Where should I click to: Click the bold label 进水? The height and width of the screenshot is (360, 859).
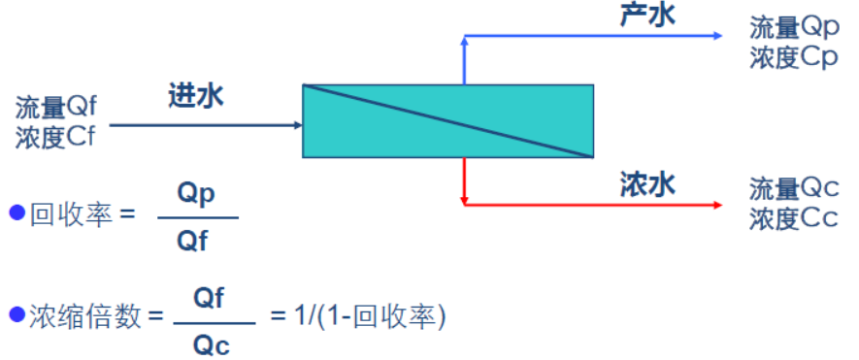[x=195, y=97]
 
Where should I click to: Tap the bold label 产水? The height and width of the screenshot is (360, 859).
[x=647, y=15]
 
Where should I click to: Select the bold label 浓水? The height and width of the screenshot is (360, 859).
[x=647, y=184]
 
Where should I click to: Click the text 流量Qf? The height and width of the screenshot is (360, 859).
[x=56, y=108]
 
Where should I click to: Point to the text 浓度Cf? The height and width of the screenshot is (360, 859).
[x=54, y=137]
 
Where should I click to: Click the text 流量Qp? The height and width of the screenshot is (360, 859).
[x=794, y=28]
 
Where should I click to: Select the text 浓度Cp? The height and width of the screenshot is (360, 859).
[x=794, y=57]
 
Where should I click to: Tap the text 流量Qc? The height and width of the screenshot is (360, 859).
[x=794, y=190]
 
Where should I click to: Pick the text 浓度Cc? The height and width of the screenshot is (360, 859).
[x=794, y=219]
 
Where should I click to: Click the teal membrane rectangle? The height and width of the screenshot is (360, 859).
[x=447, y=121]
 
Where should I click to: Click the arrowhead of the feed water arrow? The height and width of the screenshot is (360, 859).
[x=299, y=125]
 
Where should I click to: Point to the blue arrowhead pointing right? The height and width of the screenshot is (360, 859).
[x=718, y=36]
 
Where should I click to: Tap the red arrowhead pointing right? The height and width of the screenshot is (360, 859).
[x=718, y=205]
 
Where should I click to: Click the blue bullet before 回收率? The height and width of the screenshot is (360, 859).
[x=17, y=213]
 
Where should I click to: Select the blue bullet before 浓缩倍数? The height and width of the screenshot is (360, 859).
[x=17, y=314]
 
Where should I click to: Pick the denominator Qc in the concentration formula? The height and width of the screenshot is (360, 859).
[x=212, y=345]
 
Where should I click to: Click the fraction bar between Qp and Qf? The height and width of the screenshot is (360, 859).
[x=198, y=218]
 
